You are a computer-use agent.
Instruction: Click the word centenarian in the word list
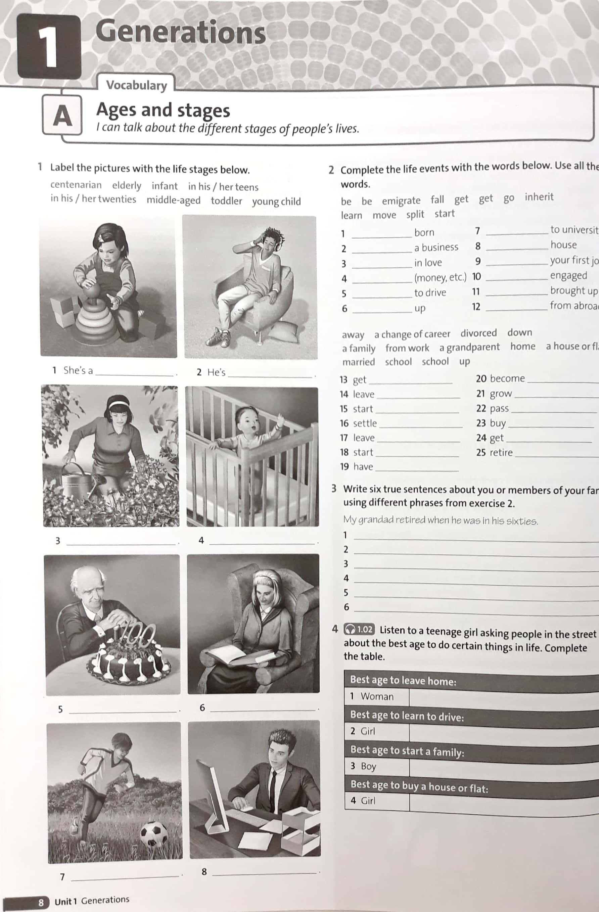coord(76,185)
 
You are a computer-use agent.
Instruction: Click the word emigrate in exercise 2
coord(401,200)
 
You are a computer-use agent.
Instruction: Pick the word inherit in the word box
coord(539,197)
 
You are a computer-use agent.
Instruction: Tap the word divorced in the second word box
coord(478,333)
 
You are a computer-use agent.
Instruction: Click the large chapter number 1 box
coord(49,46)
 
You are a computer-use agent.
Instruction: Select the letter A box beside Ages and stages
coord(62,115)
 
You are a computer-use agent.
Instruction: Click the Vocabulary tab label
coord(136,85)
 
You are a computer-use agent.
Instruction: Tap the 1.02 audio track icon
coord(358,629)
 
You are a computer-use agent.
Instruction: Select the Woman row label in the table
coord(377,696)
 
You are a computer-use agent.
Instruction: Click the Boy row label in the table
coord(368,766)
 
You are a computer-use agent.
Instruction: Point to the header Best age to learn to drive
coord(407,716)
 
